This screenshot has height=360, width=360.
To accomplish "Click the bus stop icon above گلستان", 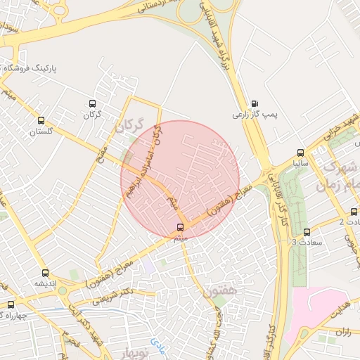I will pyautogui.click(x=41, y=120).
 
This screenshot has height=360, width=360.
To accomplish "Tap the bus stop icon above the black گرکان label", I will pyautogui.click(x=92, y=102).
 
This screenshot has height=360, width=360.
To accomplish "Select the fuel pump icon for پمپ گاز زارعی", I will pyautogui.click(x=254, y=103).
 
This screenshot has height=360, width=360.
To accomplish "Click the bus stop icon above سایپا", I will pyautogui.click(x=301, y=153).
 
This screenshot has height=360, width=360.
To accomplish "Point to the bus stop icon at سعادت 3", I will pyautogui.click(x=306, y=232).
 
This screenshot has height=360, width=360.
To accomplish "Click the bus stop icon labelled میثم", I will pyautogui.click(x=181, y=227).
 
